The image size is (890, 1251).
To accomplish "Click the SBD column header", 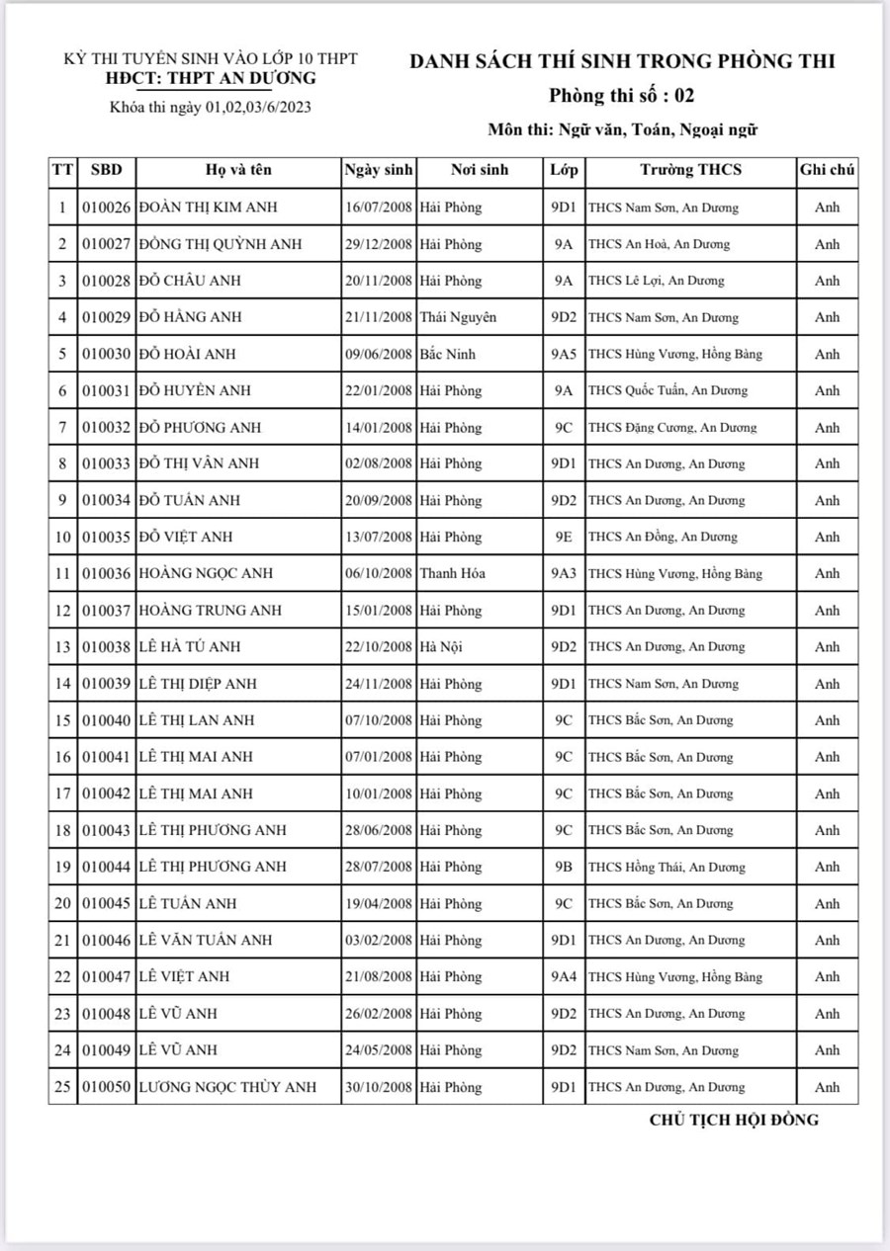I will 106,170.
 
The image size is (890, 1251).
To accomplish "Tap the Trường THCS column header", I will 690,170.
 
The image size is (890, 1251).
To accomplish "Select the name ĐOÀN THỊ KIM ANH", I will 209,208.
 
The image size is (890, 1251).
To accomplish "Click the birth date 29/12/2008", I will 378,244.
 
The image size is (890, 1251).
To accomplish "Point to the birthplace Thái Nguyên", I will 458,317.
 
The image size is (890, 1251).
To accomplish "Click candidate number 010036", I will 106,573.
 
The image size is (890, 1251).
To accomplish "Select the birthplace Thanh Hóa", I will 452,573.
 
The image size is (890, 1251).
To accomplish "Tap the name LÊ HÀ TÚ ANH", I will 190,646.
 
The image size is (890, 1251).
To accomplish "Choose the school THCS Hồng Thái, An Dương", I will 667,867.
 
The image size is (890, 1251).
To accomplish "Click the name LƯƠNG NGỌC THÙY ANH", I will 228,1087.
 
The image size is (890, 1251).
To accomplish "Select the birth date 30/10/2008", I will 378,1087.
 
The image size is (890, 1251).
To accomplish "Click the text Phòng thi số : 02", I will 622,96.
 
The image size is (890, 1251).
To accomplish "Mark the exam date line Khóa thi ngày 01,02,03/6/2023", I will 211,108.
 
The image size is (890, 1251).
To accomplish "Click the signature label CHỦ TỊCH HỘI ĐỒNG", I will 734,1120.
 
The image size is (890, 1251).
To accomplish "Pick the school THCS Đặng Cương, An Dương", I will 672,428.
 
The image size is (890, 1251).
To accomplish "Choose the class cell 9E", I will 563,537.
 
